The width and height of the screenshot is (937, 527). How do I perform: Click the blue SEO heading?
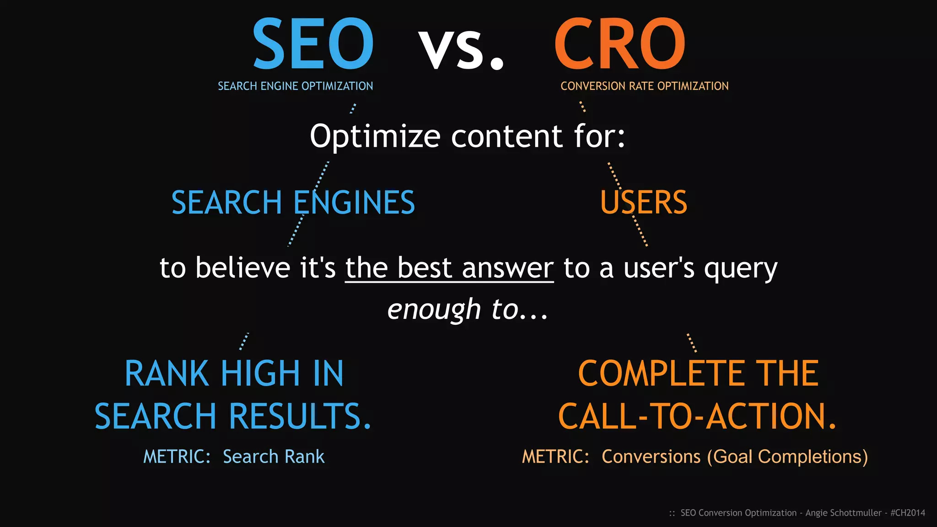point(313,44)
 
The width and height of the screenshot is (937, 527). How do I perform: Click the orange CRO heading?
point(619,44)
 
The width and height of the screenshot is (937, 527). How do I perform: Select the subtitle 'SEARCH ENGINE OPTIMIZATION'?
point(295,86)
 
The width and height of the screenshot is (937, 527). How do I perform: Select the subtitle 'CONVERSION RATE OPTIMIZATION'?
point(644,86)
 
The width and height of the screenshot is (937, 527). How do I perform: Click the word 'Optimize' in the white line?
point(375,136)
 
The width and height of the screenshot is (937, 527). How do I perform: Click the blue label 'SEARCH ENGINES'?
point(293,203)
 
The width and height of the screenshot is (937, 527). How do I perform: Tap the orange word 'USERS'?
point(643,203)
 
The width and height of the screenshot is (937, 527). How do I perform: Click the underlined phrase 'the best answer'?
point(449,268)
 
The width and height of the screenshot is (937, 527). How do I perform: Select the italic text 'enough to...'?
point(468,310)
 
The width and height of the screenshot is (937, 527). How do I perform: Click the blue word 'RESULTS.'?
point(300,416)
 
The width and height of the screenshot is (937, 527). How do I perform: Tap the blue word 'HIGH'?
point(260,374)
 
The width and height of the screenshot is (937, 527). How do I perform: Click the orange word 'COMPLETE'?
point(660,374)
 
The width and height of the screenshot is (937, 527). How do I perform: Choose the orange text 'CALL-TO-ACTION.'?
point(697,416)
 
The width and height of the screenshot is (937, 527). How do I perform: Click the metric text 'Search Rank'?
point(274,457)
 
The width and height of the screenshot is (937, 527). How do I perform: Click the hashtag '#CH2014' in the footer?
point(908,513)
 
